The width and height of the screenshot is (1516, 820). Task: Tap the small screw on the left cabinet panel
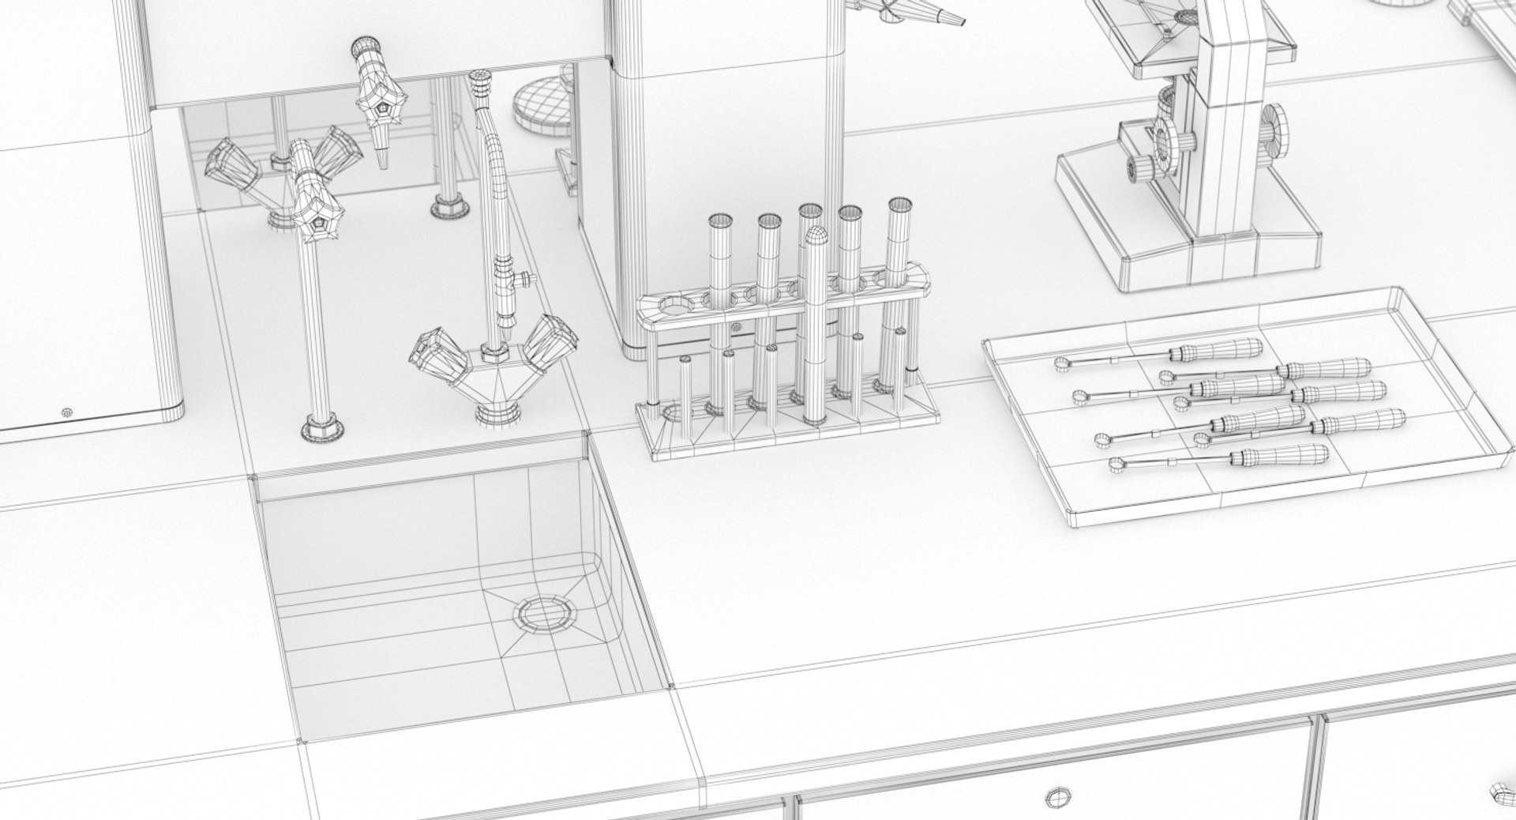pos(66,412)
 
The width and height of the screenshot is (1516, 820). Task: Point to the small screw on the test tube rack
pos(736,326)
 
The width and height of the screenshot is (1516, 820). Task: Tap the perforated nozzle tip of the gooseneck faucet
pos(478,78)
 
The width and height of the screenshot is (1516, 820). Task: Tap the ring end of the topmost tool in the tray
pos(1062,363)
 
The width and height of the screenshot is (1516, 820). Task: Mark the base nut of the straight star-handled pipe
pos(322,431)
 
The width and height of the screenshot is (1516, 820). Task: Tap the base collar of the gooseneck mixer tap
pos(497,411)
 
